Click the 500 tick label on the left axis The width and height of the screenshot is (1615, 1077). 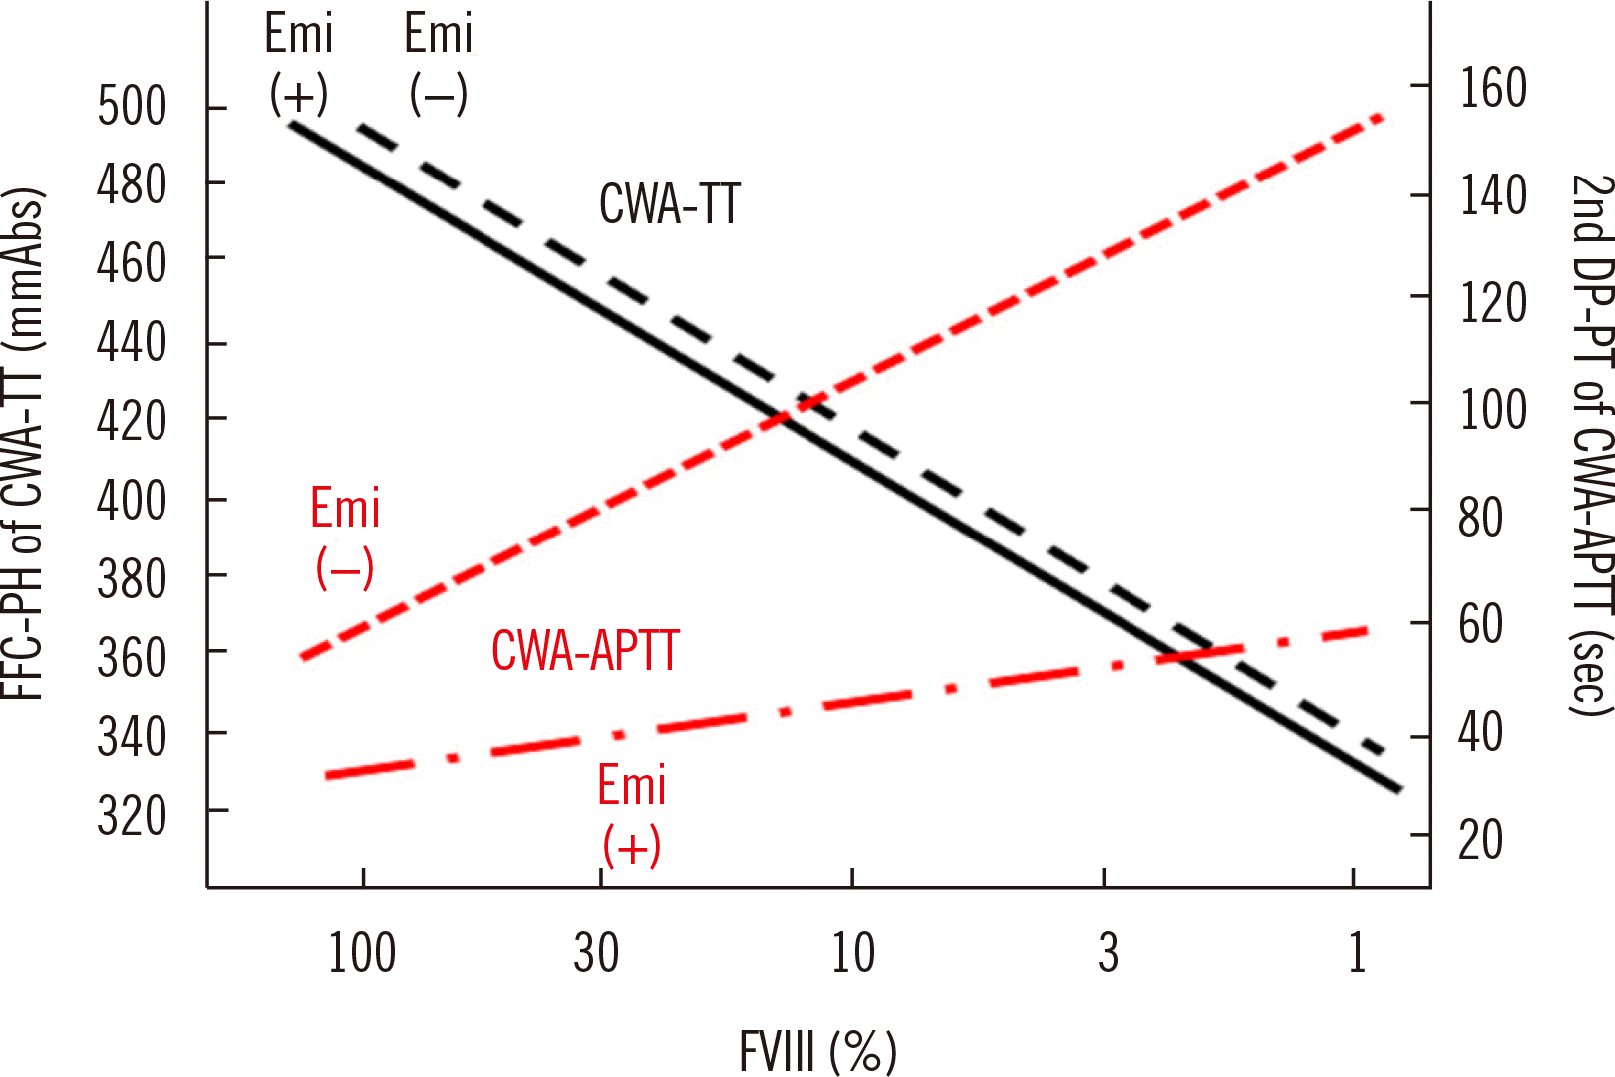[x=132, y=106]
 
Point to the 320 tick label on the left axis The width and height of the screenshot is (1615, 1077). [x=132, y=816]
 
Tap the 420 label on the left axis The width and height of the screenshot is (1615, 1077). [x=132, y=421]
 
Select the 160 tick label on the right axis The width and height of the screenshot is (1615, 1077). [x=1492, y=88]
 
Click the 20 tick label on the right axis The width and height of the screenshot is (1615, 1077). [x=1480, y=840]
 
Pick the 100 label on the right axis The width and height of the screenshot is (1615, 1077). [x=1492, y=410]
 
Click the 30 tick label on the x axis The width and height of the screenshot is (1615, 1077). [x=596, y=953]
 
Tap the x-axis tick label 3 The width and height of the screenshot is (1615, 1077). [x=1108, y=953]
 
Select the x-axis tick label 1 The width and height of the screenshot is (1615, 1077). [x=1356, y=953]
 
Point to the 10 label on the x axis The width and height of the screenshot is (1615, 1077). [x=853, y=953]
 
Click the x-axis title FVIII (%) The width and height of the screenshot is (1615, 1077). [x=817, y=1050]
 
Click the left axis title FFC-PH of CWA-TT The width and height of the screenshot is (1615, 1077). [x=24, y=444]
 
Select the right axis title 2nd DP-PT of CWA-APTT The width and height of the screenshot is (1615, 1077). [x=1591, y=444]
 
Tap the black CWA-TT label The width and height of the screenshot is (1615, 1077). [x=669, y=205]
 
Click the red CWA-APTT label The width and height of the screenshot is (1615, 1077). [x=585, y=651]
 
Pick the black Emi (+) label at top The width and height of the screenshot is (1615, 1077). [x=298, y=64]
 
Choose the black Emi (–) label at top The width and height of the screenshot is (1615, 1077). [x=438, y=64]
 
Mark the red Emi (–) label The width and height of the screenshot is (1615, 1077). [x=345, y=538]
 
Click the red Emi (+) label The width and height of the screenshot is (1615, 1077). [x=631, y=815]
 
